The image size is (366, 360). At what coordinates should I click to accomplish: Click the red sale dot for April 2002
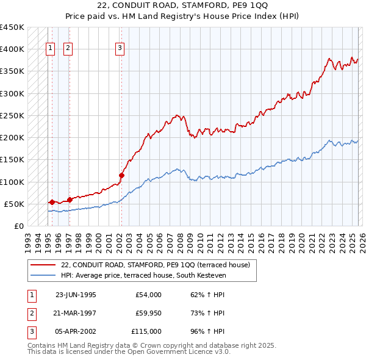[121, 175]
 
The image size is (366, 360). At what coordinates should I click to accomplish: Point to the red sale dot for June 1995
[52, 202]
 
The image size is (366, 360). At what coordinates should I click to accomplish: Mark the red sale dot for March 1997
[70, 199]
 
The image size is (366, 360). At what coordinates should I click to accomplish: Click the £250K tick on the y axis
[12, 115]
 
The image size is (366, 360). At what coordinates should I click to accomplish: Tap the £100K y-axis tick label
[12, 182]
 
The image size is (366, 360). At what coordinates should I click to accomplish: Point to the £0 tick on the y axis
[18, 226]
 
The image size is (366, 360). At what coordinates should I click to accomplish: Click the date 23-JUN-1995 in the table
[76, 295]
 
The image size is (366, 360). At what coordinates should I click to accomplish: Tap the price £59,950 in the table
[148, 313]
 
